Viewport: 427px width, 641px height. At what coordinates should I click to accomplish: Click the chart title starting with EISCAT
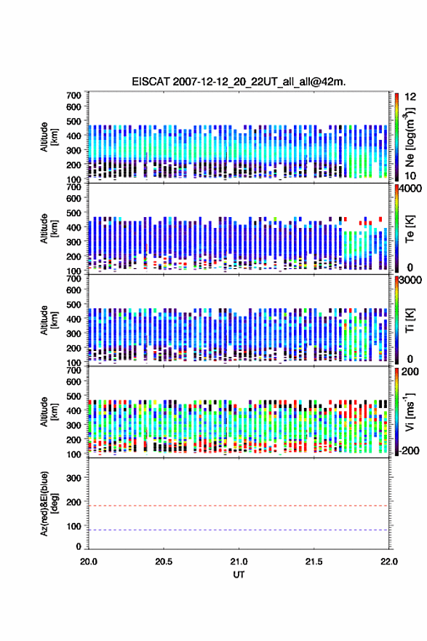(x=239, y=82)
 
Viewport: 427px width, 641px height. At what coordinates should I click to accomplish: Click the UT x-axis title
(x=239, y=575)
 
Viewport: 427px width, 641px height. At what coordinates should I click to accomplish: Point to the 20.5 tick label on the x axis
(x=164, y=562)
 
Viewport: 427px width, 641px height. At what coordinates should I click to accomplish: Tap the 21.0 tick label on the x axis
(x=239, y=562)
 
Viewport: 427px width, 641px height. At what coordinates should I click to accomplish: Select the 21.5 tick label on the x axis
(x=314, y=562)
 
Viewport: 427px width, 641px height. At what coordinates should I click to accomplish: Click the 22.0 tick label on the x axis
(x=389, y=562)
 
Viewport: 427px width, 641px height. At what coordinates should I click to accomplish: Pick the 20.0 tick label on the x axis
(x=89, y=562)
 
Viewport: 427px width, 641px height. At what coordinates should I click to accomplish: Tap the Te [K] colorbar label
(x=410, y=229)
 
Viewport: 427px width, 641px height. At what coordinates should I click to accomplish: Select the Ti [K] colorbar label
(x=410, y=320)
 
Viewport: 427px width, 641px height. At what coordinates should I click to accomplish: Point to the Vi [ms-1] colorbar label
(x=410, y=412)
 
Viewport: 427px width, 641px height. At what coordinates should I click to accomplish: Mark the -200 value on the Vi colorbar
(x=410, y=450)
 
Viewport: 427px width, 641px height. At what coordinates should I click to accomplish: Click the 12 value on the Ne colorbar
(x=411, y=97)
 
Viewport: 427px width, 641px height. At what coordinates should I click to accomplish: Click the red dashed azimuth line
(x=239, y=506)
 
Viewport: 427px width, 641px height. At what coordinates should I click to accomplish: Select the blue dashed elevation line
(x=239, y=530)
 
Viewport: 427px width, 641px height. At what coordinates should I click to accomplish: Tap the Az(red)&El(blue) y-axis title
(x=49, y=503)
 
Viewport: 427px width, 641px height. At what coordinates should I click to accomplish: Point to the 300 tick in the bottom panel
(x=73, y=478)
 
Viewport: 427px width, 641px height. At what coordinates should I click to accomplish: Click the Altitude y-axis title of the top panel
(x=49, y=137)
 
